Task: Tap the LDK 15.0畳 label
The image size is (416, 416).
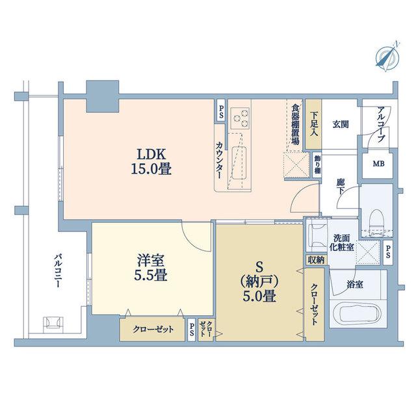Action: coord(151,162)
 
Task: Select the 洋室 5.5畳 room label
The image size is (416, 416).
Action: coord(151,268)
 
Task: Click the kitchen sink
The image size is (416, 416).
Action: coord(239,163)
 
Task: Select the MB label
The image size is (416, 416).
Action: coord(378,164)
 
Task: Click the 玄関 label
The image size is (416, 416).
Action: coord(341,124)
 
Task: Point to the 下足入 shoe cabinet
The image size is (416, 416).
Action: coord(313,124)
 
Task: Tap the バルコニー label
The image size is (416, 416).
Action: coord(58,271)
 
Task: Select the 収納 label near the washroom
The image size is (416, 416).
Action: coord(317,260)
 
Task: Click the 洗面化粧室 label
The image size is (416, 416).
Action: coord(341,242)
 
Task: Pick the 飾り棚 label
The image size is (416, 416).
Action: coord(317,164)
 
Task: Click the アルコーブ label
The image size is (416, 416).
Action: coord(382,124)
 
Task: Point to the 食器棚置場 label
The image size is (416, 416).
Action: coord(295,124)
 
